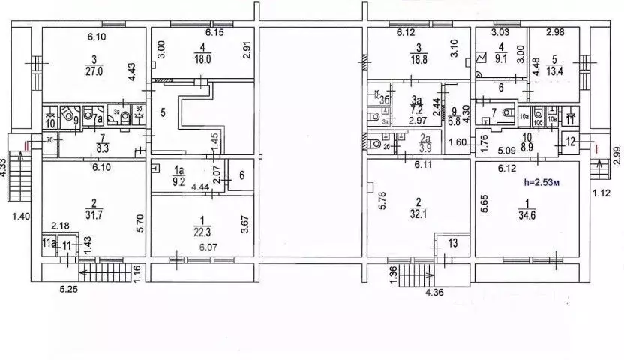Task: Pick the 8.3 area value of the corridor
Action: (94, 150)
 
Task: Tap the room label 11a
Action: (49, 242)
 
